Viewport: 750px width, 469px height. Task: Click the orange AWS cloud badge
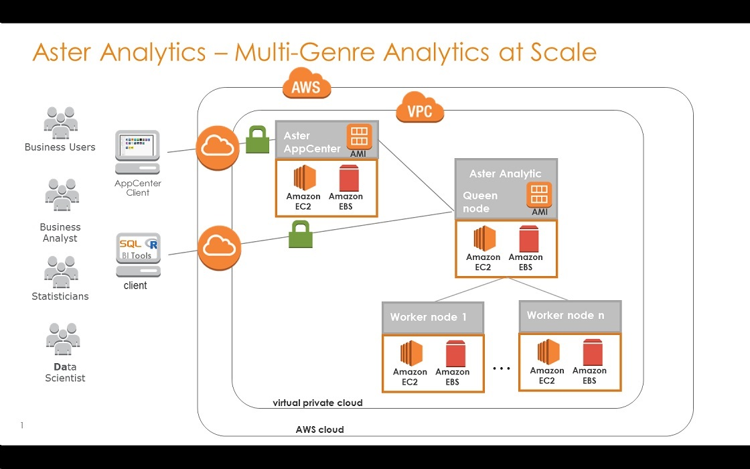coord(306,85)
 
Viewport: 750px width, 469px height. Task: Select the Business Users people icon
coord(60,123)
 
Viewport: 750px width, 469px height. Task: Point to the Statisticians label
coord(60,296)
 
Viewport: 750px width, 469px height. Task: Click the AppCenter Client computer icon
coord(137,153)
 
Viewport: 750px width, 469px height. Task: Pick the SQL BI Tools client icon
coord(137,255)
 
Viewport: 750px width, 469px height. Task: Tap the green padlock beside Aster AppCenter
coord(258,140)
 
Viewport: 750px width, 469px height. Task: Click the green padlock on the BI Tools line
coord(301,235)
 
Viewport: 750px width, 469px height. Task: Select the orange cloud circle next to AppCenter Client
coord(218,147)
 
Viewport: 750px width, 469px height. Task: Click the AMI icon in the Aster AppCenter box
coord(359,136)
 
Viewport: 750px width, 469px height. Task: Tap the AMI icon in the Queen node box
coord(539,195)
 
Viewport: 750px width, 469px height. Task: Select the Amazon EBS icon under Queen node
coord(526,239)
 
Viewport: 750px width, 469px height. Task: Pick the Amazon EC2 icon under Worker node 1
coord(410,353)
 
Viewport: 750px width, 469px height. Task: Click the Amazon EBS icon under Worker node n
coord(589,352)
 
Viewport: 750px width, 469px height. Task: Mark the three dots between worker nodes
coord(502,368)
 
